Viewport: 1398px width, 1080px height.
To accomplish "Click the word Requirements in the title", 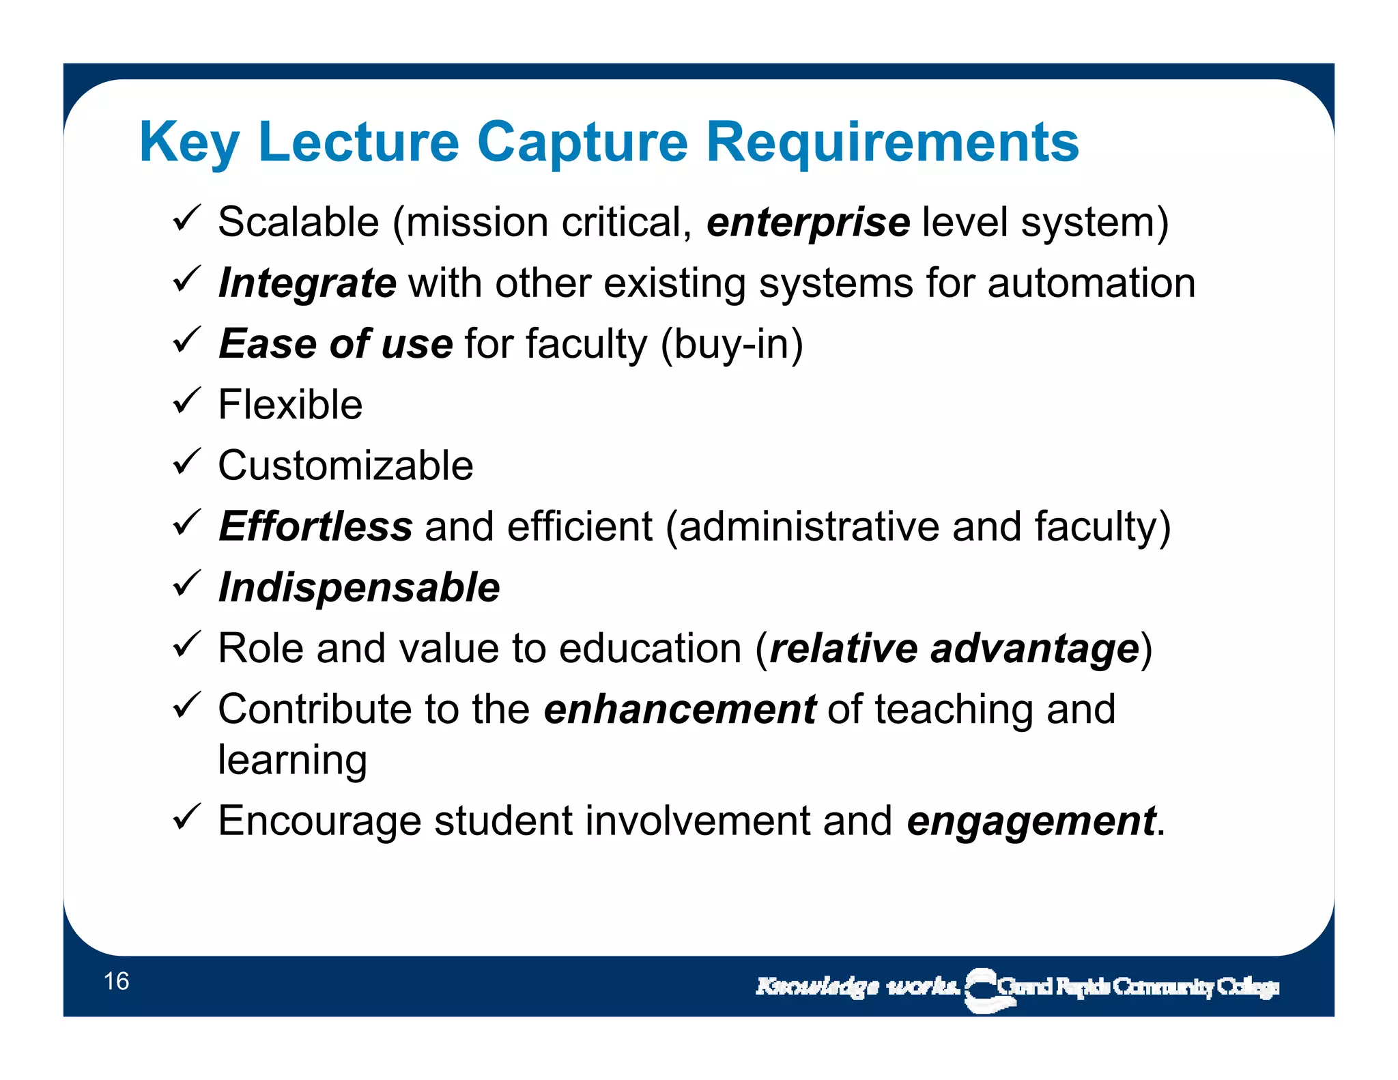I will (892, 142).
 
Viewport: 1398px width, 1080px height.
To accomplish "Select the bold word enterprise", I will (808, 223).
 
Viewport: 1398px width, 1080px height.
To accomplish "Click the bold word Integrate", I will (307, 283).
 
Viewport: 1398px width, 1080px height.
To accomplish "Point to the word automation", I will (1092, 283).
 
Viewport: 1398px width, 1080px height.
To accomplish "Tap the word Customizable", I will (345, 466).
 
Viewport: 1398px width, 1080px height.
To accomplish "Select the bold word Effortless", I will (315, 526).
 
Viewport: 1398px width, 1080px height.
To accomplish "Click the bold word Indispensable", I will (359, 587).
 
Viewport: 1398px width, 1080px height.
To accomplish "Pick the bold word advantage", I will (1035, 649).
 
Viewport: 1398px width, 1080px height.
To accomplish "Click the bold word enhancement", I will (680, 709).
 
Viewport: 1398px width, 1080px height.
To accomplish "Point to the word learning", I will (292, 760).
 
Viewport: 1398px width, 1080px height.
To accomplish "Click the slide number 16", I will (116, 981).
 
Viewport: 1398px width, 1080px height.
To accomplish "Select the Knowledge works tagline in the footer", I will (857, 986).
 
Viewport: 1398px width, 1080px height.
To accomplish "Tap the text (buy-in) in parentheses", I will (732, 344).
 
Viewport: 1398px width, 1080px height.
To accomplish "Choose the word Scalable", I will (298, 223).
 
